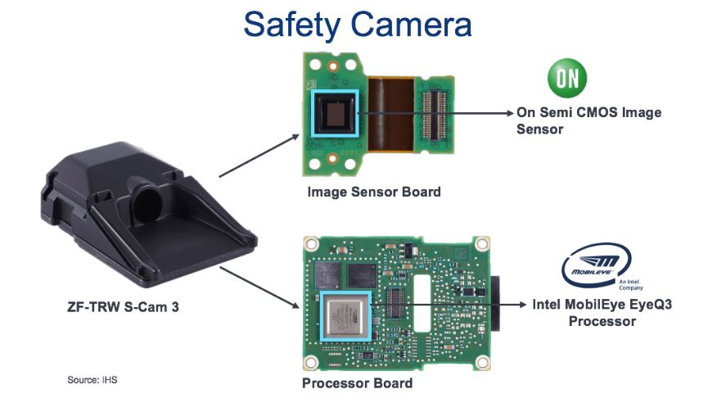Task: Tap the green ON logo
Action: (566, 79)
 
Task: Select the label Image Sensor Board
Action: (374, 192)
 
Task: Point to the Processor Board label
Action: (357, 383)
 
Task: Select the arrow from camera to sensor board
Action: (259, 156)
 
